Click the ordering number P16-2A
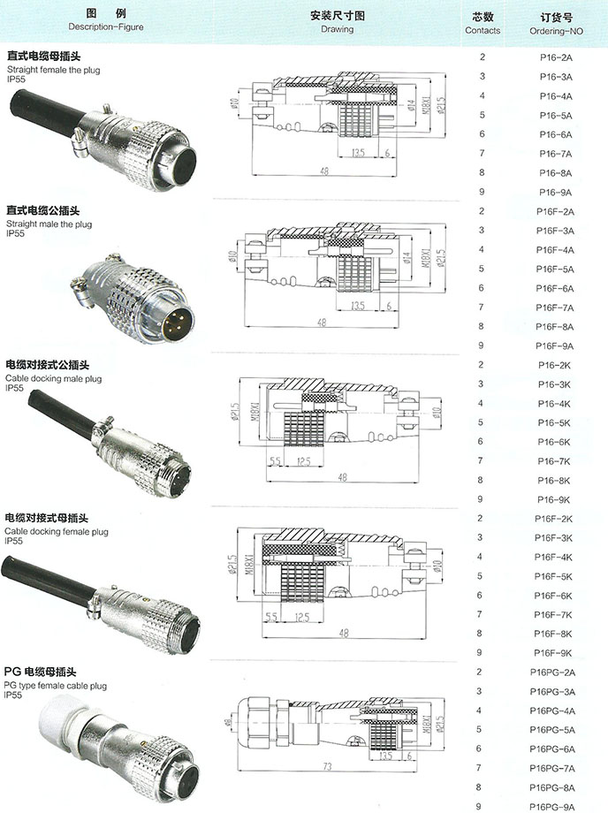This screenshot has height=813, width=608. point(555,57)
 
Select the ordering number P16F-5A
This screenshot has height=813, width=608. point(555,269)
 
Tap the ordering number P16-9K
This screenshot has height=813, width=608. point(555,499)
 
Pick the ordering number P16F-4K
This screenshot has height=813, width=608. point(555,557)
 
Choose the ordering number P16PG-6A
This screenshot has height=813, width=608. point(555,748)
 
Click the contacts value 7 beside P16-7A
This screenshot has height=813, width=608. point(482,154)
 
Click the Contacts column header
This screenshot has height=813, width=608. point(483,24)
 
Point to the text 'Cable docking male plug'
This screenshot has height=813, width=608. point(53,377)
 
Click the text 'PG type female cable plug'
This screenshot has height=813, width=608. point(57,685)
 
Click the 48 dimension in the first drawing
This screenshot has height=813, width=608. point(326,171)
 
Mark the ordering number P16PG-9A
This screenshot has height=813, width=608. point(555,806)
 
